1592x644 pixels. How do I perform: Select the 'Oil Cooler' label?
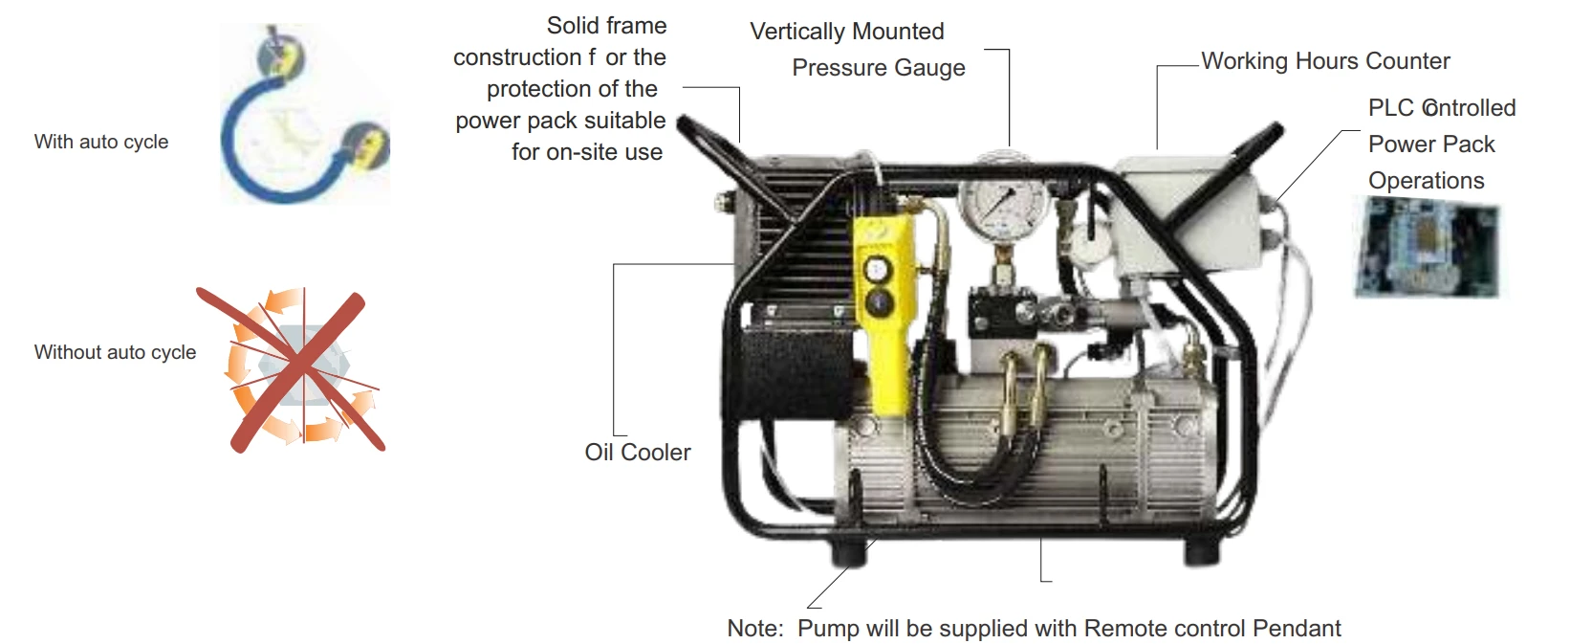[x=637, y=453]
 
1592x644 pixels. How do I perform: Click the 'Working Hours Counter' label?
[x=1325, y=61]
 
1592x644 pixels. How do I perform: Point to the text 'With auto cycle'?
[x=101, y=142]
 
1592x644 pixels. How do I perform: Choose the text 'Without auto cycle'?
[x=115, y=352]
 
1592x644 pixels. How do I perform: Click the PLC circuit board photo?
[x=1427, y=248]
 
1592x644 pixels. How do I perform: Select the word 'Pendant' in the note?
[x=1297, y=629]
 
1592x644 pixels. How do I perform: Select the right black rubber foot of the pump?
[x=1199, y=551]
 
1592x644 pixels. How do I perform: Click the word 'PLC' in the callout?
[x=1390, y=108]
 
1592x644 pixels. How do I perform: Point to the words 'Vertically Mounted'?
[x=846, y=32]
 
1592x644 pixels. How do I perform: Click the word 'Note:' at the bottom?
[x=755, y=629]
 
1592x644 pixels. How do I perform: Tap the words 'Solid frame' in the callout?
[x=606, y=26]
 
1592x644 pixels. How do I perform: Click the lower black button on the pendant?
[x=877, y=302]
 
